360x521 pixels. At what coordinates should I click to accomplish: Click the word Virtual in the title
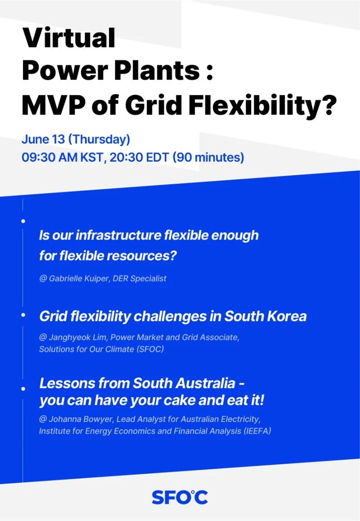(x=69, y=38)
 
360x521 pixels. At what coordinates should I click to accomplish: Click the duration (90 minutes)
(x=209, y=158)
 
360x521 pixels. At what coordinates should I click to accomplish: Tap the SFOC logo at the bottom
(x=180, y=497)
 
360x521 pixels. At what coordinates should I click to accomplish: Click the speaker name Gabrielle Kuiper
(x=80, y=278)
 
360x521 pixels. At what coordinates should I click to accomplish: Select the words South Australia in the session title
(x=183, y=383)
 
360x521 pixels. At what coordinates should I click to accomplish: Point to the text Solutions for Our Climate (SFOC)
(x=101, y=349)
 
